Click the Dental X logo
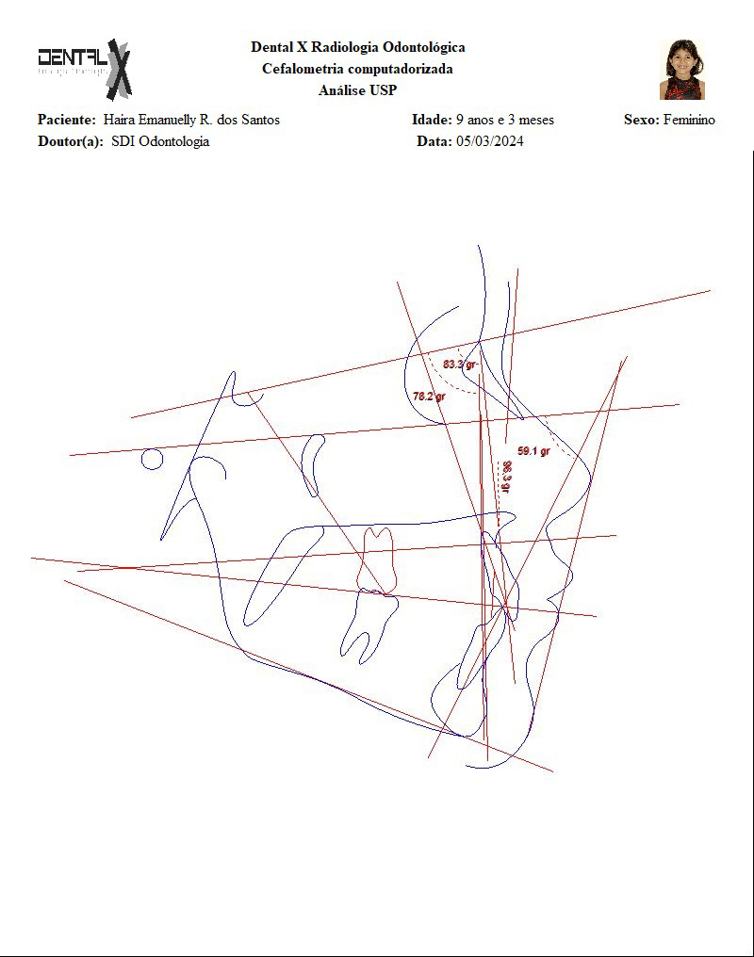pyautogui.click(x=85, y=68)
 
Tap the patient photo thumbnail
pyautogui.click(x=681, y=69)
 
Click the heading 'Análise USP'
pyautogui.click(x=357, y=90)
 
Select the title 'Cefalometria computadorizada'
pyautogui.click(x=357, y=69)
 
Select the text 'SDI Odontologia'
pyautogui.click(x=160, y=141)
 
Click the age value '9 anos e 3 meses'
pyautogui.click(x=505, y=120)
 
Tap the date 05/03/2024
pyautogui.click(x=490, y=141)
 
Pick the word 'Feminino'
pyautogui.click(x=689, y=120)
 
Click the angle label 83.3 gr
pyautogui.click(x=460, y=365)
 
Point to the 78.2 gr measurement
pyautogui.click(x=429, y=397)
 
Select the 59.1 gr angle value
pyautogui.click(x=533, y=451)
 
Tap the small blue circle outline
pyautogui.click(x=152, y=459)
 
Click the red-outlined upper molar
pyautogui.click(x=377, y=560)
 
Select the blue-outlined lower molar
pyautogui.click(x=368, y=622)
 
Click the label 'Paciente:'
pyautogui.click(x=66, y=120)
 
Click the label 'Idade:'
pyautogui.click(x=431, y=120)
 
